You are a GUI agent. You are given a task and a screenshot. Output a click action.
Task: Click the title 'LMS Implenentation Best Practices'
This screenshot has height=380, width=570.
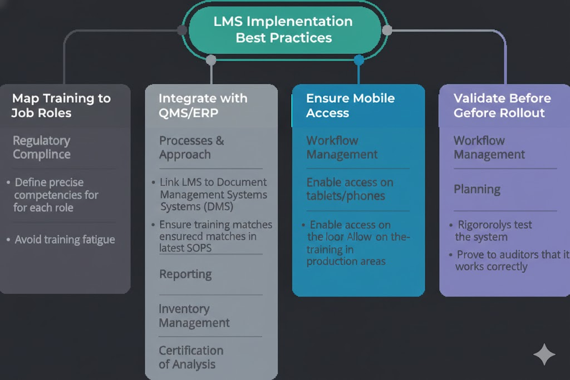pos(283,29)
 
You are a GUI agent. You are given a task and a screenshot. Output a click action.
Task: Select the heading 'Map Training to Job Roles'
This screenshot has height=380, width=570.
pos(61,105)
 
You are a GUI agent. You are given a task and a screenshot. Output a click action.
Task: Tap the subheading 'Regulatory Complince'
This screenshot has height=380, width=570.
pos(42,147)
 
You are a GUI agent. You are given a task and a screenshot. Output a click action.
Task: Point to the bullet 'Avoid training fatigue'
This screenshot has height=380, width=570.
pos(65,240)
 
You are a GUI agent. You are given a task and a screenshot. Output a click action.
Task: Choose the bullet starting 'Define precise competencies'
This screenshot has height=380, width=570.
pos(56,195)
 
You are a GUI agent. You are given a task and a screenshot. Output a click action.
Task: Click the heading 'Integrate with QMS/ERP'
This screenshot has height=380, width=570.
pos(203,105)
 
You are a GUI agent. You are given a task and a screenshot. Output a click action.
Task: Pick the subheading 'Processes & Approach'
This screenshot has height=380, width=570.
pos(191,147)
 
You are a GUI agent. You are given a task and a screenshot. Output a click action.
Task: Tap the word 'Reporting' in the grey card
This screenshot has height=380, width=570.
pos(185,274)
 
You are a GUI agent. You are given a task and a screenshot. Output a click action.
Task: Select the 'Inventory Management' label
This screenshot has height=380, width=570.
pos(194,315)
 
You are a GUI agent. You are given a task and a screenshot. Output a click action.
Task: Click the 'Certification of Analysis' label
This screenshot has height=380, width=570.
pos(190,357)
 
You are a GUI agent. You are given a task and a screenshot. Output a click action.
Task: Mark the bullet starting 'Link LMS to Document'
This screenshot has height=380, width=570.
pos(213,194)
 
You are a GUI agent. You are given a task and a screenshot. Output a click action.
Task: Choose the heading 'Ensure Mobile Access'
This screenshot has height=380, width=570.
pos(350,105)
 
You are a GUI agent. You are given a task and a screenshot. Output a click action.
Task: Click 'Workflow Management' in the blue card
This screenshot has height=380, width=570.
pos(342,147)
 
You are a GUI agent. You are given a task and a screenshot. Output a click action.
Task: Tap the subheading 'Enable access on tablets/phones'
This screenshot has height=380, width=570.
pos(350,189)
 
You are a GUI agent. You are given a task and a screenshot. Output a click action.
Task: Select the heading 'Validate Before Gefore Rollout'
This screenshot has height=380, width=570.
pos(502,105)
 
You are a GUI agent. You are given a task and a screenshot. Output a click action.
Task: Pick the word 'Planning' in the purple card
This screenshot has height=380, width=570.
pos(477,189)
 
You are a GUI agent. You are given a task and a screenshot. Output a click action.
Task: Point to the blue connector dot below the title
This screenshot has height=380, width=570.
pos(358,60)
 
